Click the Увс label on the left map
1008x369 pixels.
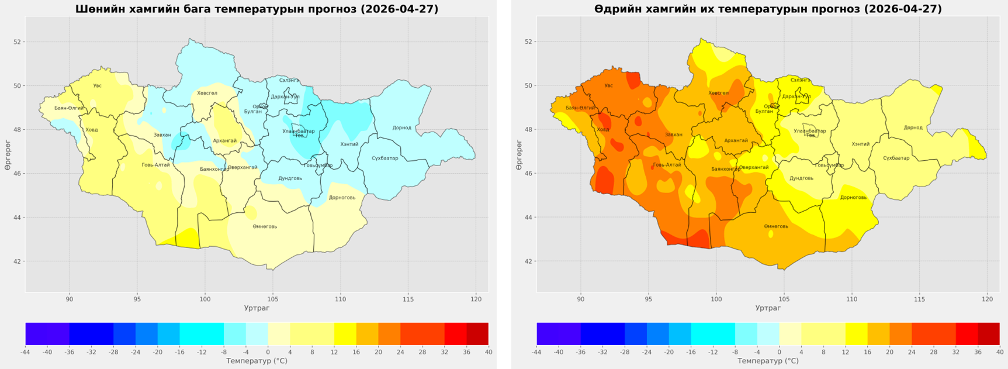click(x=97, y=86)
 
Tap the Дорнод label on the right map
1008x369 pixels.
click(x=913, y=127)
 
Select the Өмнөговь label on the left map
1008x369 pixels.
click(x=265, y=226)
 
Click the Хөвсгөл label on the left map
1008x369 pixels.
click(x=207, y=93)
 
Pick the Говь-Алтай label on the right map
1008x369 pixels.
click(x=667, y=165)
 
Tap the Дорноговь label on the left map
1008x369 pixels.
click(x=342, y=198)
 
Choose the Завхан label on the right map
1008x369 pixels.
click(x=673, y=135)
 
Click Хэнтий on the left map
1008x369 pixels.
click(x=349, y=144)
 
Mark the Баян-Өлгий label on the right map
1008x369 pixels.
click(x=580, y=108)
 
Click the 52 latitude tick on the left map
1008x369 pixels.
click(x=18, y=42)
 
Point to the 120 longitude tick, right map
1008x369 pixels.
click(x=987, y=299)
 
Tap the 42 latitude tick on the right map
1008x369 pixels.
click(x=529, y=261)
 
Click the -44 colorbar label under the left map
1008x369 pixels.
click(x=25, y=352)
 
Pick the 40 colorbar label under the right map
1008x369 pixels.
click(x=999, y=352)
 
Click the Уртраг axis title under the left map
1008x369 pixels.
click(x=257, y=308)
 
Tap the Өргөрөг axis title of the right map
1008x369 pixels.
click(x=519, y=155)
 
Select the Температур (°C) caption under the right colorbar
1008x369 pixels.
click(x=768, y=361)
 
